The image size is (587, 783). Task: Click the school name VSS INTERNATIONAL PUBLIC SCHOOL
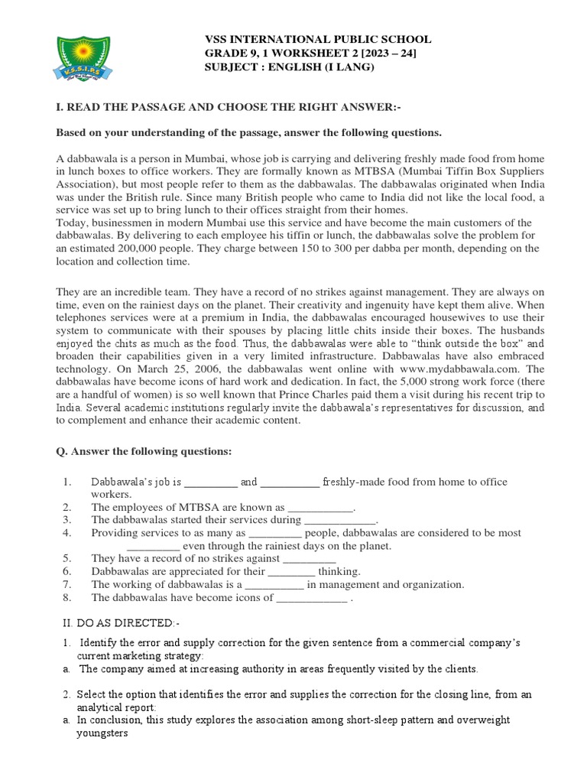tap(316, 39)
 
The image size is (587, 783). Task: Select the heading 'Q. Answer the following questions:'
tap(144, 451)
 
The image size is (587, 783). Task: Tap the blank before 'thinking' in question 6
tap(292, 572)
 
